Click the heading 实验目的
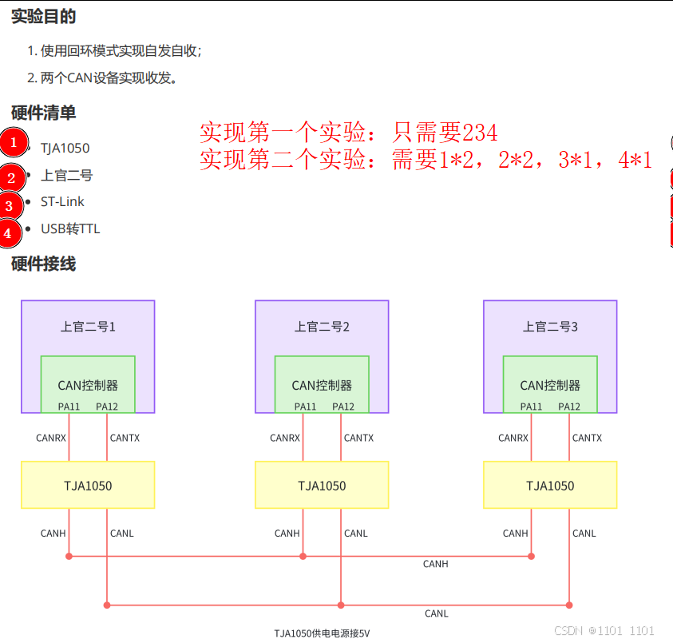click(x=44, y=16)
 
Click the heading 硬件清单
click(x=44, y=113)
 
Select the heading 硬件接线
click(x=44, y=264)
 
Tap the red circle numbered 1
click(x=13, y=143)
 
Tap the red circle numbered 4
click(x=8, y=233)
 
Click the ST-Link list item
click(x=62, y=201)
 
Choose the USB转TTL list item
click(x=70, y=228)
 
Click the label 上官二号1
click(x=88, y=326)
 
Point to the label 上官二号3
click(x=550, y=326)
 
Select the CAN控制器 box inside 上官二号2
click(x=322, y=384)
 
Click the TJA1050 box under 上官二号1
click(x=88, y=485)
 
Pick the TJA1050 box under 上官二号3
click(x=550, y=485)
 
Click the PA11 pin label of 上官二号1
click(x=69, y=407)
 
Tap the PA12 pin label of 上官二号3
click(x=569, y=407)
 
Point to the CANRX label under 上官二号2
click(x=285, y=438)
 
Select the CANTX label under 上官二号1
click(x=125, y=438)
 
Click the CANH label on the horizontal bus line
click(x=435, y=564)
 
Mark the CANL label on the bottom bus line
click(x=436, y=613)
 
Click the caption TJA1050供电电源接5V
click(x=322, y=633)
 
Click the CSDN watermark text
click(x=604, y=630)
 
